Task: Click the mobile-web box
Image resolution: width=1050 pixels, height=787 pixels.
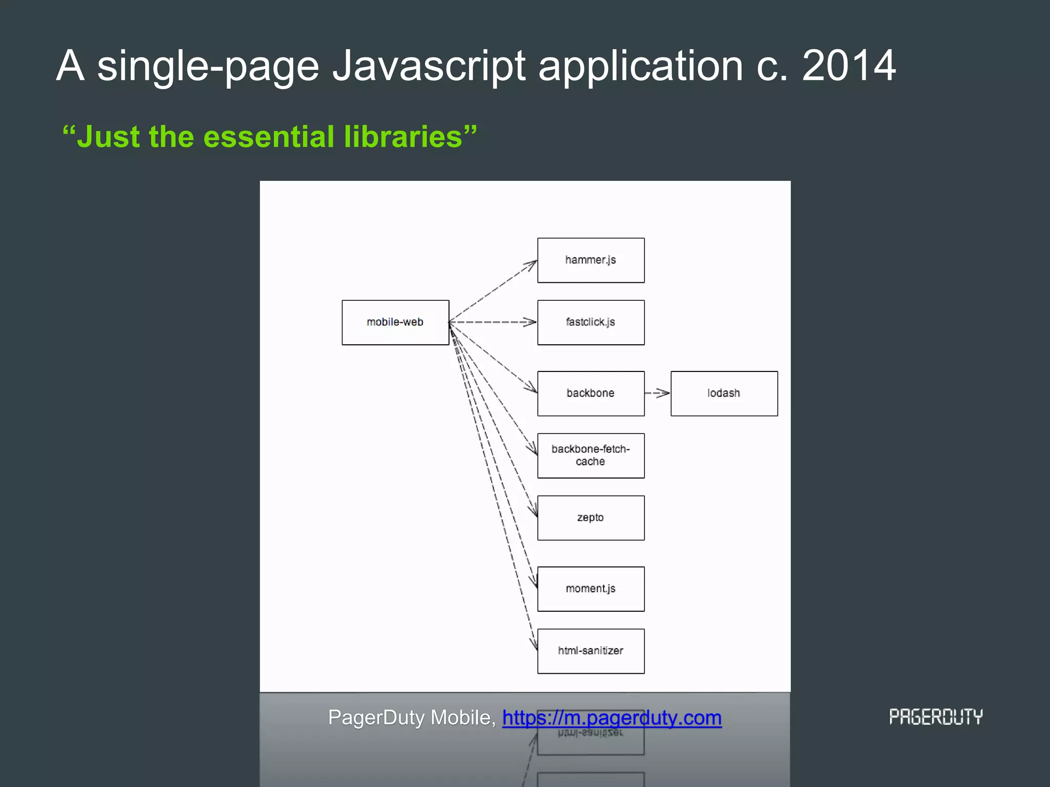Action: [x=395, y=322]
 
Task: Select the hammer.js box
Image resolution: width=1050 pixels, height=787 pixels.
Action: [x=591, y=260]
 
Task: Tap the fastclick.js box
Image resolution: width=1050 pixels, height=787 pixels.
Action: [x=591, y=322]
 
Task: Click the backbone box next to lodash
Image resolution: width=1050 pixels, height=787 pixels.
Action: [x=591, y=393]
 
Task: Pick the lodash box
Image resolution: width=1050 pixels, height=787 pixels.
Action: [x=724, y=393]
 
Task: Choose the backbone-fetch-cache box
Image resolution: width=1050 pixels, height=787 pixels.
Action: [x=591, y=455]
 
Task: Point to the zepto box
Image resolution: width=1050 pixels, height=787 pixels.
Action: [x=591, y=517]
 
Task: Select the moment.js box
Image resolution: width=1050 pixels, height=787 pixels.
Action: [x=591, y=589]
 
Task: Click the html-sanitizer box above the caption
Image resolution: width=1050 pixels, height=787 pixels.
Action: [x=591, y=651]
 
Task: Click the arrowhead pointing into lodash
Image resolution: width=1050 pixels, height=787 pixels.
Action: [x=664, y=393]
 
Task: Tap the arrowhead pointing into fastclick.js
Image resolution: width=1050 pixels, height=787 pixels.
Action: [x=531, y=322]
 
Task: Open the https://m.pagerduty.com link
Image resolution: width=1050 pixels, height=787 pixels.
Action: [x=612, y=718]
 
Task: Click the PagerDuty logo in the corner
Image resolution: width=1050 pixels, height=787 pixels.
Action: [x=936, y=717]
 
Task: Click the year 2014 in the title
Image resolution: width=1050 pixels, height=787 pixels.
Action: [x=849, y=66]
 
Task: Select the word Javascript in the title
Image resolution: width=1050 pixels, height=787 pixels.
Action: [x=429, y=66]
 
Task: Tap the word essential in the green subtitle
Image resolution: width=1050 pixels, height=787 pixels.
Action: [x=269, y=137]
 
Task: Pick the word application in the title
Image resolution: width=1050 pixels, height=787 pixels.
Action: [x=640, y=66]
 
